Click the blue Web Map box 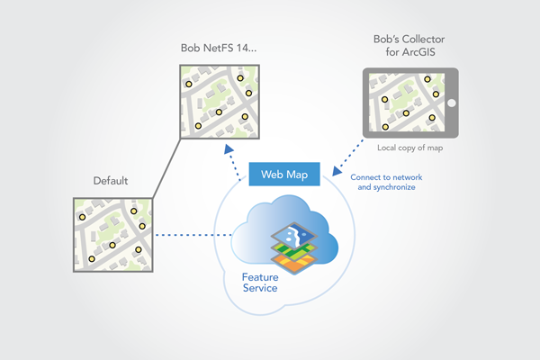pyautogui.click(x=283, y=174)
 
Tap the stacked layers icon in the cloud pyautogui.click(x=294, y=247)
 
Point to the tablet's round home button pyautogui.click(x=451, y=103)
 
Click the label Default pyautogui.click(x=112, y=182)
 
